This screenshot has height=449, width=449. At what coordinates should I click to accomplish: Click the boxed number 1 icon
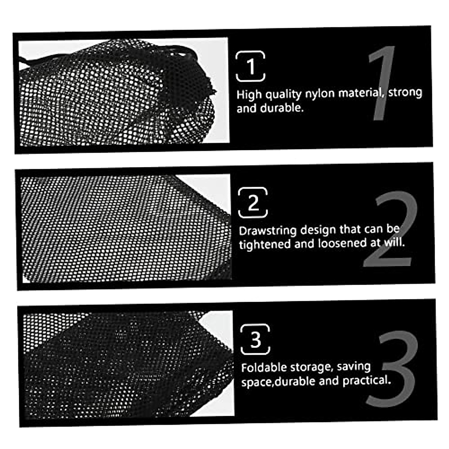[x=251, y=67]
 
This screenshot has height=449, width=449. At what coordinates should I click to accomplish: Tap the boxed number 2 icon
[x=253, y=203]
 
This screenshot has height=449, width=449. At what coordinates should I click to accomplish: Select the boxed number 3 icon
[x=255, y=339]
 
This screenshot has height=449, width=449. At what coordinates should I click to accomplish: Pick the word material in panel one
[x=361, y=93]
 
